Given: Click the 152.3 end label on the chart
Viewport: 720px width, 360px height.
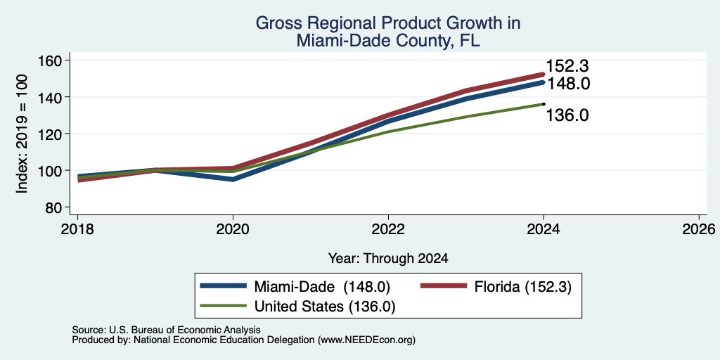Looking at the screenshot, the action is tap(567, 67).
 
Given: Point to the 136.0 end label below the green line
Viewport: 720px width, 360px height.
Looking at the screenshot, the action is tap(567, 115).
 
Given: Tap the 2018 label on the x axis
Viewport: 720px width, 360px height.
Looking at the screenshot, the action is tap(77, 229).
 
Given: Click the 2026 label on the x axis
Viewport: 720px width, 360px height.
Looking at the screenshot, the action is tap(699, 229).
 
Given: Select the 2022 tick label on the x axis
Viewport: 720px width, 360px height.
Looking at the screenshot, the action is tap(388, 229).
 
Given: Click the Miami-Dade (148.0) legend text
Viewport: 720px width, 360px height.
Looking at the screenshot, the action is tap(322, 287).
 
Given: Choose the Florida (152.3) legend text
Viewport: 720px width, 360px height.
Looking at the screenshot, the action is tap(523, 287).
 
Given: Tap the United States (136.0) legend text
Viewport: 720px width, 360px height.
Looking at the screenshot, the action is tap(325, 307).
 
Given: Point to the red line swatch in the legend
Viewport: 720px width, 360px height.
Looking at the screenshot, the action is tap(444, 286).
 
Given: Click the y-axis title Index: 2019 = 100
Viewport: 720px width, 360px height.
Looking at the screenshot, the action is tap(22, 134).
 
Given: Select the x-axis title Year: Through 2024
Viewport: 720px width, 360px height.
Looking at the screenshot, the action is tap(388, 259).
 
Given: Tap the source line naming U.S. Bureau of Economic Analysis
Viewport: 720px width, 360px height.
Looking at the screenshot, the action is tap(166, 330).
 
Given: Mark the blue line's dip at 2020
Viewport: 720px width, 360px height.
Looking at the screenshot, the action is tap(233, 179).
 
